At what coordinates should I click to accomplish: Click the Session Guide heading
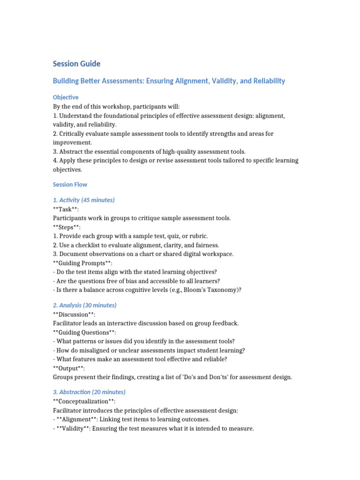pyautogui.click(x=76, y=64)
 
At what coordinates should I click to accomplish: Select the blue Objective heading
pyautogui.click(x=66, y=97)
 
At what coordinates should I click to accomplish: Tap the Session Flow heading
pyautogui.click(x=70, y=185)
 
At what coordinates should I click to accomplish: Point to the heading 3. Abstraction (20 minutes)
pyautogui.click(x=89, y=392)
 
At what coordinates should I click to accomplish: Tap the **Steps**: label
pyautogui.click(x=67, y=227)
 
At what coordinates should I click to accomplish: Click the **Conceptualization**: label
pyautogui.click(x=84, y=401)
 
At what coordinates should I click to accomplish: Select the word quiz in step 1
pyautogui.click(x=175, y=236)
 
